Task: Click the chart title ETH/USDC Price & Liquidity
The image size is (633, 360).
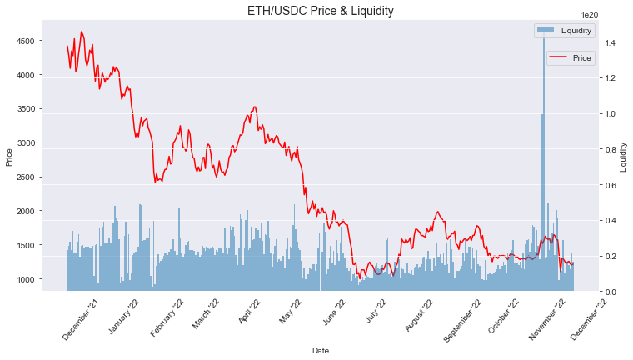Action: coord(320,11)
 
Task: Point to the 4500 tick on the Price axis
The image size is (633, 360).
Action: coord(47,41)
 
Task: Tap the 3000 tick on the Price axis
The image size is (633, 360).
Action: coord(47,143)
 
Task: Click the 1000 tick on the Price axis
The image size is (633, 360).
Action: coord(47,279)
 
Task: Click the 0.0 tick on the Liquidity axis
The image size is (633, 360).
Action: coord(611,292)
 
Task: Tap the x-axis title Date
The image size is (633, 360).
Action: coord(320,351)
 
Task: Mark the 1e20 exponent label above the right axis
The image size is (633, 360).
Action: coord(590,15)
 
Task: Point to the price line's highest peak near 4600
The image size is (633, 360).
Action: coord(81,32)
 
